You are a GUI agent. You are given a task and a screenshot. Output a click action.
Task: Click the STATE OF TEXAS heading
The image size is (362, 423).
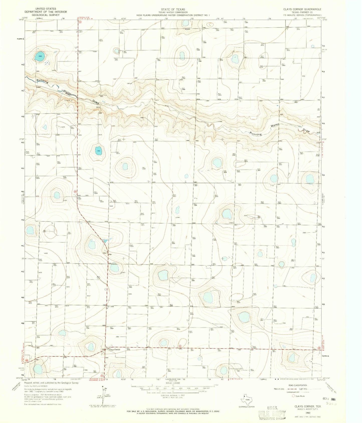click(173, 9)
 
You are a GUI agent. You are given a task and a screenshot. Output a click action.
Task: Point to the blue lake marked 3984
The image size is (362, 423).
click(99, 151)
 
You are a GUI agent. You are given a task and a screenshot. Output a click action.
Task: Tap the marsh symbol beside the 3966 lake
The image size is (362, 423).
click(47, 63)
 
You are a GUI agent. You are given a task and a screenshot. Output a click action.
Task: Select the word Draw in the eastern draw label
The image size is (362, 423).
click(306, 131)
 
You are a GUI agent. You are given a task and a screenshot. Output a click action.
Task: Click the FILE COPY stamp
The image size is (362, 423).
click(272, 414)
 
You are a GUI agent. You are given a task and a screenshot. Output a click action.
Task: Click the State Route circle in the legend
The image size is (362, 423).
click(294, 396)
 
